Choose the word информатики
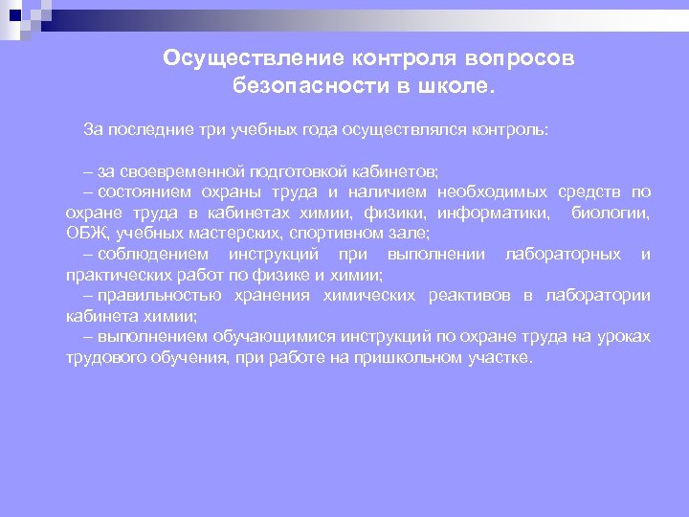coord(503,212)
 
